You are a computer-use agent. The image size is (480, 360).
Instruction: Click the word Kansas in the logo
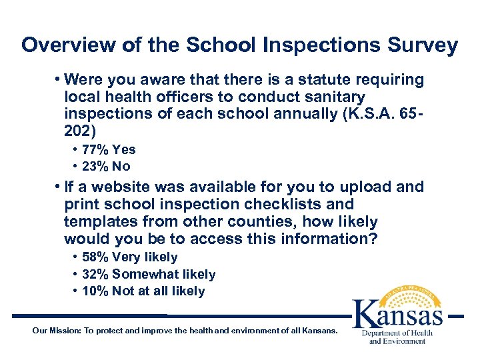pyautogui.click(x=397, y=314)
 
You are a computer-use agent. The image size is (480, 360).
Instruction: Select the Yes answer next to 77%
pyautogui.click(x=124, y=150)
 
